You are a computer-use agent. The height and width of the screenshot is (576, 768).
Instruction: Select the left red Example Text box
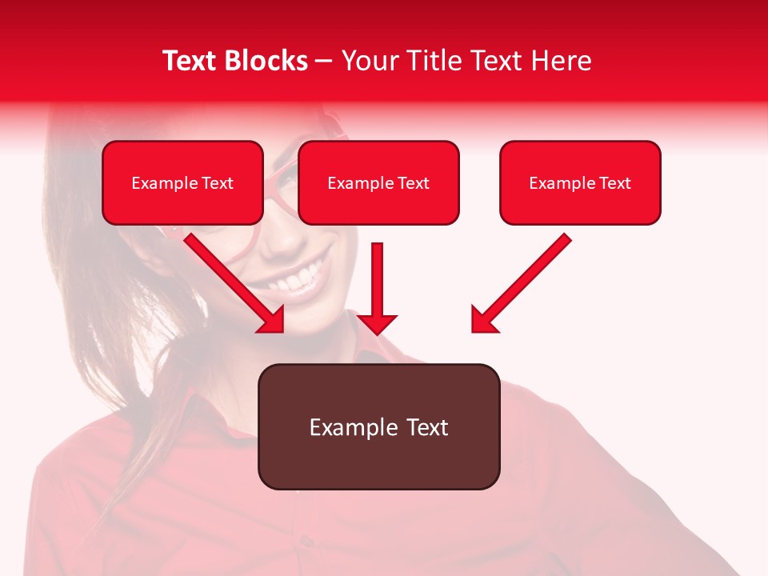click(182, 183)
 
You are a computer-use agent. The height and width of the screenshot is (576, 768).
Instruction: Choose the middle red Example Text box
click(378, 183)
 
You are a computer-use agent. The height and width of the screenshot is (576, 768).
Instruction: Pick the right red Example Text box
click(580, 183)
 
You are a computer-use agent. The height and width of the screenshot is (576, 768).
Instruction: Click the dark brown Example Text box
click(378, 426)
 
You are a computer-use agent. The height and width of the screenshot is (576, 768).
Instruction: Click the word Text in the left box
click(217, 183)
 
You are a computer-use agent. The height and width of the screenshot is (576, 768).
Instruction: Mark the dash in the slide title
click(324, 61)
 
